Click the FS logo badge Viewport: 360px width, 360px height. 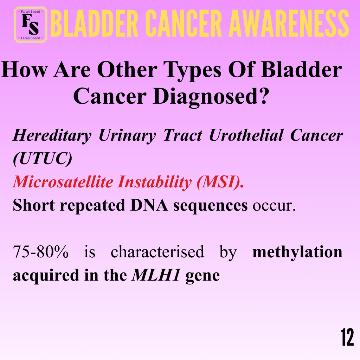pyautogui.click(x=31, y=25)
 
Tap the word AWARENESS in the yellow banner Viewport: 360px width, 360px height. pyautogui.click(x=289, y=24)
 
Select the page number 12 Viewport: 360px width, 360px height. pyautogui.click(x=347, y=337)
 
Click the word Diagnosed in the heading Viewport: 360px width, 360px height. pyautogui.click(x=211, y=97)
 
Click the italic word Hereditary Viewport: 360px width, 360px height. pyautogui.click(x=52, y=135)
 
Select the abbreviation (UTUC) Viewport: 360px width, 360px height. pyautogui.click(x=43, y=159)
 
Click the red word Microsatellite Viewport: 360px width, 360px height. pyautogui.click(x=63, y=182)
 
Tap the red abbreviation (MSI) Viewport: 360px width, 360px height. pyautogui.click(x=220, y=182)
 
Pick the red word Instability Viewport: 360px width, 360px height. pyautogui.click(x=154, y=182)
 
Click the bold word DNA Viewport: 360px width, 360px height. pyautogui.click(x=149, y=205)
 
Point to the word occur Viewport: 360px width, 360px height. pyautogui.click(x=274, y=206)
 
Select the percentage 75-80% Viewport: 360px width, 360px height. pyautogui.click(x=41, y=252)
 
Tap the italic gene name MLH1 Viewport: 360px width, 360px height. pyautogui.click(x=156, y=275)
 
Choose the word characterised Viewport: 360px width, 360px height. pyautogui.click(x=157, y=252)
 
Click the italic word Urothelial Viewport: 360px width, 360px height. pyautogui.click(x=246, y=135)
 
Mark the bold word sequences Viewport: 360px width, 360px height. pyautogui.click(x=210, y=206)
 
